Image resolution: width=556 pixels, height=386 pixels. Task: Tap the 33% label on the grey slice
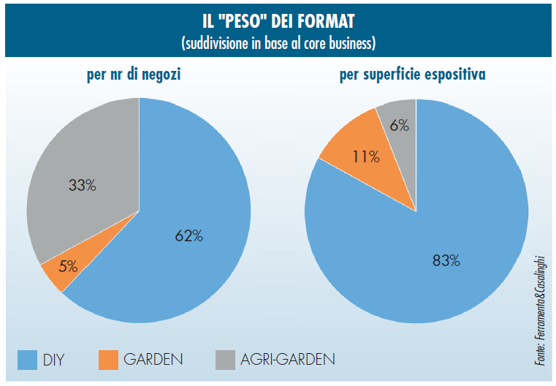[81, 185]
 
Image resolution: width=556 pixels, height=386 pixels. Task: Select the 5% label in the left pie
[69, 267]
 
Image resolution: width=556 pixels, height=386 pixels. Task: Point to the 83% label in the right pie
[445, 260]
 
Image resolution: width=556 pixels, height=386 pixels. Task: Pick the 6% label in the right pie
[399, 124]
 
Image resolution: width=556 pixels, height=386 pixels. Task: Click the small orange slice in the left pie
[54, 272]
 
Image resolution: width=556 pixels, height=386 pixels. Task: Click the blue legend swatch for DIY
[27, 359]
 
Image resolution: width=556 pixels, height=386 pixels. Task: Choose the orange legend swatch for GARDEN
[107, 359]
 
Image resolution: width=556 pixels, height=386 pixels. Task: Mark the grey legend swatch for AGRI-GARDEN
[226, 359]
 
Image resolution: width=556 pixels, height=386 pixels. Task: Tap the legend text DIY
[55, 359]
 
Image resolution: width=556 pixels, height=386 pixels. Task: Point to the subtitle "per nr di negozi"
[139, 75]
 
